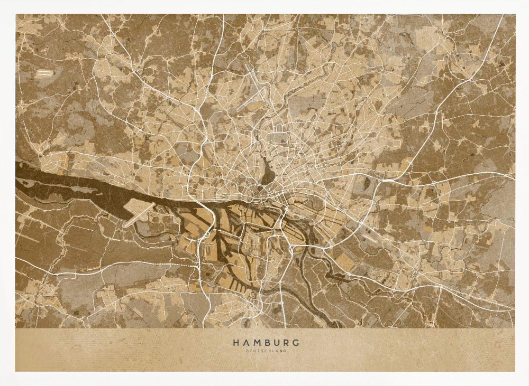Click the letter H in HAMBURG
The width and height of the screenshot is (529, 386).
pyautogui.click(x=235, y=342)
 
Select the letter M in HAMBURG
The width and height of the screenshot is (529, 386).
pyautogui.click(x=257, y=342)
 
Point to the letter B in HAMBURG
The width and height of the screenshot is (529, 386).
pyautogui.click(x=267, y=342)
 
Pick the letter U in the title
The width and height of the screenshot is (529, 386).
pyautogui.click(x=277, y=342)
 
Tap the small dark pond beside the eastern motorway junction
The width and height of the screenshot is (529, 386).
pyautogui.click(x=366, y=184)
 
